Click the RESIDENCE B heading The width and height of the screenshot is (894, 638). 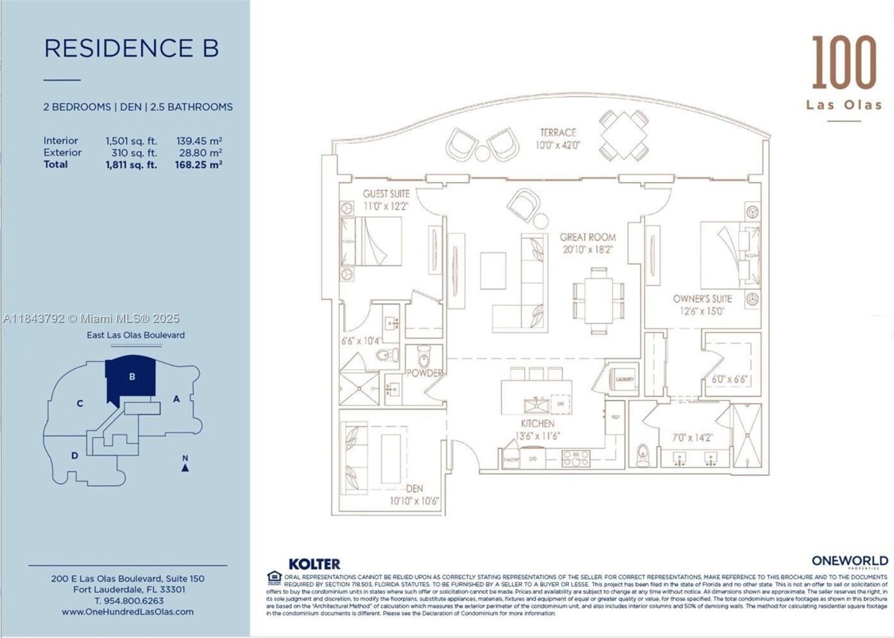[131, 48]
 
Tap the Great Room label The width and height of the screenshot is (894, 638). [588, 237]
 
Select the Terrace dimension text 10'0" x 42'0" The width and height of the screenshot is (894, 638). [558, 145]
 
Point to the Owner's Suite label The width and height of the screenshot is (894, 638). [702, 299]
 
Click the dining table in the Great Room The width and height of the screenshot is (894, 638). [598, 301]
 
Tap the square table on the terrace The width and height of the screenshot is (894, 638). [624, 135]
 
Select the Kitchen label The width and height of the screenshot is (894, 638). [538, 423]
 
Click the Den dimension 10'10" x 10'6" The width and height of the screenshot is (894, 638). [415, 501]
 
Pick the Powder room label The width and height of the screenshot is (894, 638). [424, 373]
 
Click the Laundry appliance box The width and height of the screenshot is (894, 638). [624, 379]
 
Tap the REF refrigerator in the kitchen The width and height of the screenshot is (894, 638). [615, 417]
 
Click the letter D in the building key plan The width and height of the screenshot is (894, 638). [74, 456]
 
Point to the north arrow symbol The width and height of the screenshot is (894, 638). [185, 467]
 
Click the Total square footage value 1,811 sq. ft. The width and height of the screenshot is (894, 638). [131, 165]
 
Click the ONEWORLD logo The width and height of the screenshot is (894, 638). [849, 561]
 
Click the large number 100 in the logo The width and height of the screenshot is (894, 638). [844, 63]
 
